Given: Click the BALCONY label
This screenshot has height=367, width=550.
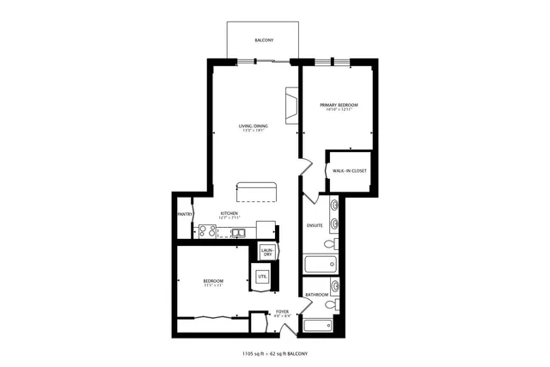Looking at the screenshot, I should tap(264, 40).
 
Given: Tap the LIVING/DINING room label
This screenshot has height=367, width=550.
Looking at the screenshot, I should tap(254, 126).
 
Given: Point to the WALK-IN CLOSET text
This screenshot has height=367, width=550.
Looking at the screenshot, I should tap(350, 170).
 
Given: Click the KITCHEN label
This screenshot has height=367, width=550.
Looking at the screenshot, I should tap(229, 213).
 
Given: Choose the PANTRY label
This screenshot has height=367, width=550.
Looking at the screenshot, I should tap(184, 214).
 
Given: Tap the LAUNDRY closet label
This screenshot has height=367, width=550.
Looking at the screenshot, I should tap(267, 252).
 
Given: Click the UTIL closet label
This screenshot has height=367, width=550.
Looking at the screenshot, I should tap(261, 276).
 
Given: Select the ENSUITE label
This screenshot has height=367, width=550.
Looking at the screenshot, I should tap(315, 225).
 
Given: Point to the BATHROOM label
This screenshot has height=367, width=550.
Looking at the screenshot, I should tap(317, 295).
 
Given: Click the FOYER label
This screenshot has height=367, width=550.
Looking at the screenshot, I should tap(282, 311).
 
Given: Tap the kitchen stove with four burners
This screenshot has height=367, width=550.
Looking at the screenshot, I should tap(207, 230).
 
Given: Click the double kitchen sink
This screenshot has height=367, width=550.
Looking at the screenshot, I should tap(238, 232).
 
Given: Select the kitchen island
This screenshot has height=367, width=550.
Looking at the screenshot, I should tap(258, 190).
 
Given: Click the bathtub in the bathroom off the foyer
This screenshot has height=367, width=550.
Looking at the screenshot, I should tap(318, 326).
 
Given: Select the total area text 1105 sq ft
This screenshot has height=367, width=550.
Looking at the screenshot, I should tap(256, 353).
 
